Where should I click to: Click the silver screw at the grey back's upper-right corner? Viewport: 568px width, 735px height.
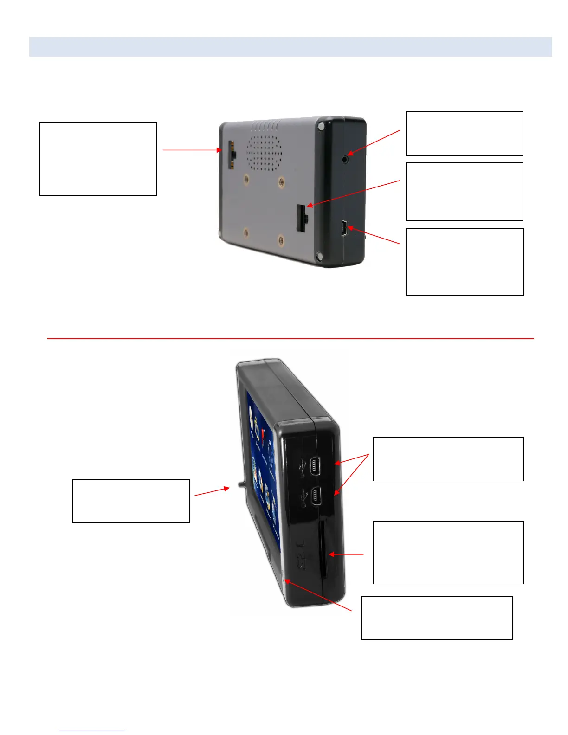[321, 126]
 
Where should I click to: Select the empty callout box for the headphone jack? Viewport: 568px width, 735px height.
[464, 134]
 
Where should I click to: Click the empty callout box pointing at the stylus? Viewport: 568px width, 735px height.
[131, 501]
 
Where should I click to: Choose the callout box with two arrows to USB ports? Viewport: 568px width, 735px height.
[448, 459]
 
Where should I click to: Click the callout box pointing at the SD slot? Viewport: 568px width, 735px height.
[448, 552]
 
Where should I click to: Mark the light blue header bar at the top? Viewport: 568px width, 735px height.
[290, 46]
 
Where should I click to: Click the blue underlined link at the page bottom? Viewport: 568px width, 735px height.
[92, 731]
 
